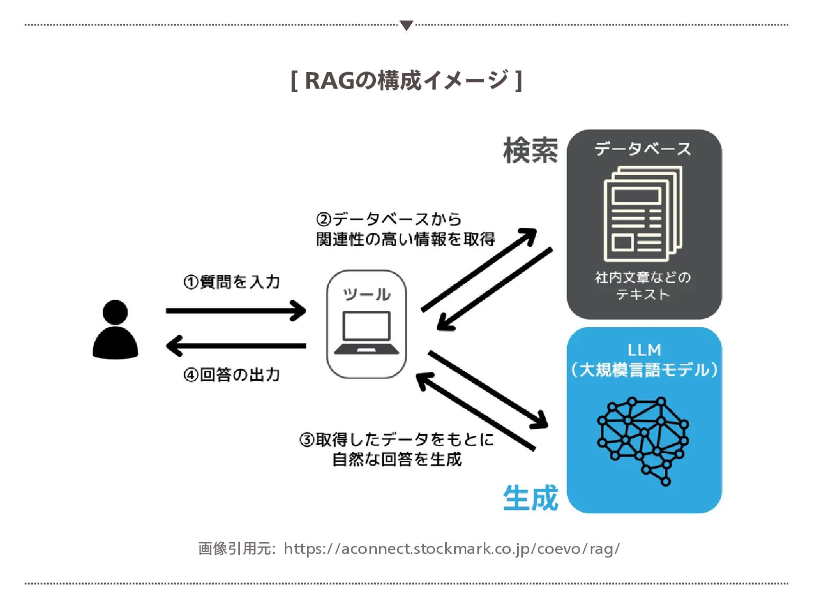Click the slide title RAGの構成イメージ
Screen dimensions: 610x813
click(406, 80)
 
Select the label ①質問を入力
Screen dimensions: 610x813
click(232, 281)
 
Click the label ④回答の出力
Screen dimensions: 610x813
click(232, 375)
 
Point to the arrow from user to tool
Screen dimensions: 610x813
click(236, 310)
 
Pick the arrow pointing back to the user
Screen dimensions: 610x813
click(236, 346)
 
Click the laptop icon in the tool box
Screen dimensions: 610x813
click(366, 333)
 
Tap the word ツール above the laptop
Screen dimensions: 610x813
click(366, 294)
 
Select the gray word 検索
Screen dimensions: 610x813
click(530, 150)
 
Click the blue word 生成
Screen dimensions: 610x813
click(530, 498)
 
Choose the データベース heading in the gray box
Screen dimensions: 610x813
click(643, 149)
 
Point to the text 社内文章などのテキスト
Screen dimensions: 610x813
click(643, 285)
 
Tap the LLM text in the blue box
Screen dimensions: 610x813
click(644, 349)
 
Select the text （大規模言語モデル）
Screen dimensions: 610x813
click(644, 369)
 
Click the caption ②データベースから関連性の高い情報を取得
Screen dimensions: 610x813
click(405, 229)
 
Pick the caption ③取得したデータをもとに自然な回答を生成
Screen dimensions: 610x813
click(397, 449)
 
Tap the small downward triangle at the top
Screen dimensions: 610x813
click(406, 25)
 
